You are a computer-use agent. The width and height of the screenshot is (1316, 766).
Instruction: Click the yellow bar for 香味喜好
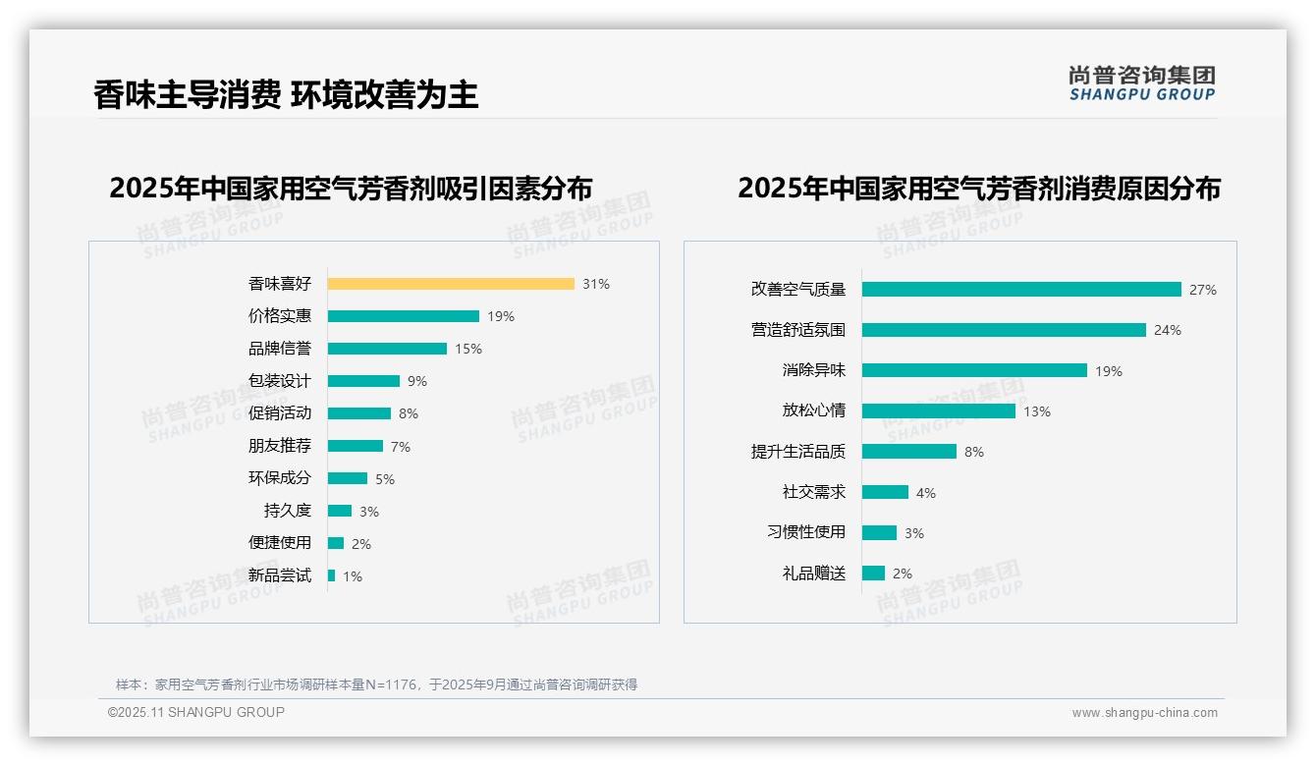pyautogui.click(x=451, y=284)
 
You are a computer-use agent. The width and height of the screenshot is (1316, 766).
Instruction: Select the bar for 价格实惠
pyautogui.click(x=404, y=316)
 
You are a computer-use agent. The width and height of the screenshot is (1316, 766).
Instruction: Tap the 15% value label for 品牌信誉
pyautogui.click(x=468, y=349)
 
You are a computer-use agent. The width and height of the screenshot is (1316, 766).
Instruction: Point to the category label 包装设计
pyautogui.click(x=279, y=381)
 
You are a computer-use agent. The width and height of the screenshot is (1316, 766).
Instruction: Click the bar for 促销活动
pyautogui.click(x=359, y=413)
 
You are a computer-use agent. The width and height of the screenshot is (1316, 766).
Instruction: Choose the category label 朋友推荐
pyautogui.click(x=279, y=446)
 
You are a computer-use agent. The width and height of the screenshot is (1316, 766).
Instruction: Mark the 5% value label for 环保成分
pyautogui.click(x=384, y=479)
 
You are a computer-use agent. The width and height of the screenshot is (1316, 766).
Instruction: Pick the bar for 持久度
pyautogui.click(x=340, y=511)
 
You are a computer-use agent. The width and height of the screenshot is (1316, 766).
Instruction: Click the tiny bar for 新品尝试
pyautogui.click(x=332, y=575)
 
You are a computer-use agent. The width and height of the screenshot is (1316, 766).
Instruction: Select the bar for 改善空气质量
pyautogui.click(x=1021, y=290)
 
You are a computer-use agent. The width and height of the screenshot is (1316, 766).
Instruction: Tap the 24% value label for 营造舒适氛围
pyautogui.click(x=1167, y=330)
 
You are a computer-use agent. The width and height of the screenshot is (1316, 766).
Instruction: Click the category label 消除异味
pyautogui.click(x=813, y=370)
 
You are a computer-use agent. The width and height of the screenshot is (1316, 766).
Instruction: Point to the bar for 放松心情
pyautogui.click(x=939, y=411)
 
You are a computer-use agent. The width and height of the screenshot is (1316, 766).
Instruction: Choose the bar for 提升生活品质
pyautogui.click(x=909, y=452)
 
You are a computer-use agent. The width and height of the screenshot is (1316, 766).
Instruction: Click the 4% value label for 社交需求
pyautogui.click(x=925, y=493)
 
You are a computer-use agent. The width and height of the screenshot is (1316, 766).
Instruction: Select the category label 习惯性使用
pyautogui.click(x=805, y=532)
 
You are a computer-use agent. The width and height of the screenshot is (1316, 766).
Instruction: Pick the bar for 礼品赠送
pyautogui.click(x=874, y=574)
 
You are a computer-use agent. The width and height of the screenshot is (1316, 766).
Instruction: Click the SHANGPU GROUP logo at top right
pyautogui.click(x=1141, y=82)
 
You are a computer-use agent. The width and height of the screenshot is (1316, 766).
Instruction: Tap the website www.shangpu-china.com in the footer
pyautogui.click(x=1144, y=713)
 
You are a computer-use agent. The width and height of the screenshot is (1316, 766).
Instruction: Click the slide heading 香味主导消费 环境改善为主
pyautogui.click(x=286, y=95)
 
